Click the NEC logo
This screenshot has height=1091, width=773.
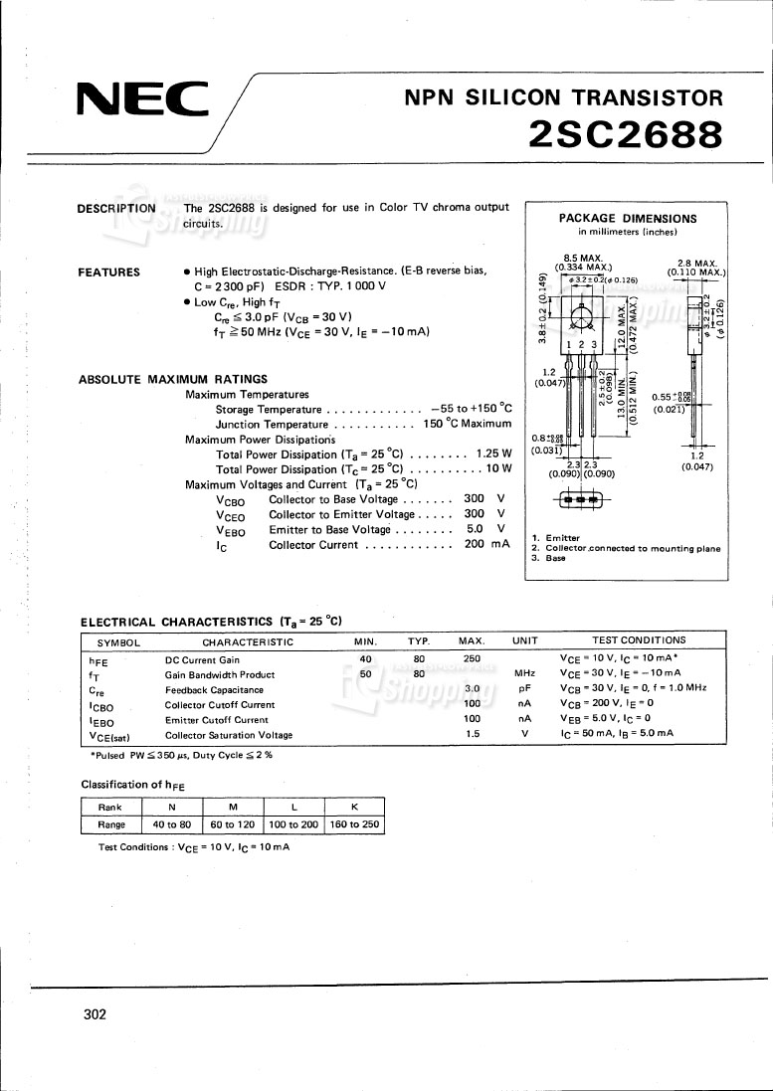coord(143,98)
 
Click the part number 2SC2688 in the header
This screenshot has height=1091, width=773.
coord(625,133)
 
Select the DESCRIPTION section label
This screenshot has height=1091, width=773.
coord(116,208)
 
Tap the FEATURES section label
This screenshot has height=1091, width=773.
coord(108,273)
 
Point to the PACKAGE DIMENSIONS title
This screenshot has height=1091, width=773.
coord(627,219)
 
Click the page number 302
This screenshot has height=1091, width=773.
coord(95,1014)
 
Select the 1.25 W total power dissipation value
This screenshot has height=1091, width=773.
coord(493,454)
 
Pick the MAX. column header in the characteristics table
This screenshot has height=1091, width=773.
coord(472,641)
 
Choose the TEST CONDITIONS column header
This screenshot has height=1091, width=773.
coord(639,640)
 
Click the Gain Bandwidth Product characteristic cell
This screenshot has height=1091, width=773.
coord(219,674)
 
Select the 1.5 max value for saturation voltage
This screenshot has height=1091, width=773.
coord(473,734)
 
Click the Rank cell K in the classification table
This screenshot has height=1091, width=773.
coord(353,808)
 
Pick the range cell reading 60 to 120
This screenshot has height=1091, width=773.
coord(233,824)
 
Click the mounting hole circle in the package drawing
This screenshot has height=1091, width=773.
coord(583,318)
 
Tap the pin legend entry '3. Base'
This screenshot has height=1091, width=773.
coord(548,558)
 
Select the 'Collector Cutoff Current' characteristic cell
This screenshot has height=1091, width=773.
coord(220,704)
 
